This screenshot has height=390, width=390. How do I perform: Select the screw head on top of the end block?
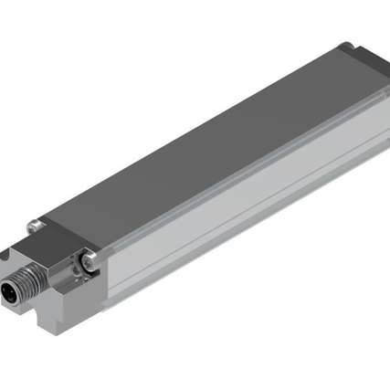(x=34, y=224)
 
